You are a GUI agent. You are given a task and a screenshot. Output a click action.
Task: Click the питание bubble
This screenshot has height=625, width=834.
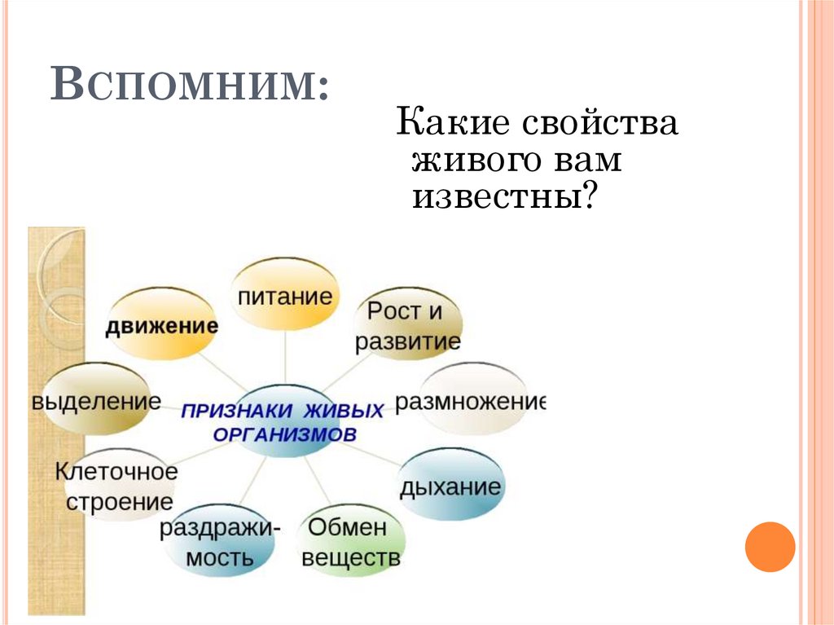(285, 294)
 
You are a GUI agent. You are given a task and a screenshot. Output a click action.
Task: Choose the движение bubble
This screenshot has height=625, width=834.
(162, 327)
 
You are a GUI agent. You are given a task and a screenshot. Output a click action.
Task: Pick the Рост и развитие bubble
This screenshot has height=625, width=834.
(407, 325)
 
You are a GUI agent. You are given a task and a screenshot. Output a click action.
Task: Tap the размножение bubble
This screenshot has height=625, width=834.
(471, 401)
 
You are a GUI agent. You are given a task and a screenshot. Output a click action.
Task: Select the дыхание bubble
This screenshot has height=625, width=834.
(450, 487)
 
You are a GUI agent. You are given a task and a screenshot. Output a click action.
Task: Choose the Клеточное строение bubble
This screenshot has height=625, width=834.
(117, 486)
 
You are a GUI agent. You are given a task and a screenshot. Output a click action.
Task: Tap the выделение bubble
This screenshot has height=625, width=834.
(96, 401)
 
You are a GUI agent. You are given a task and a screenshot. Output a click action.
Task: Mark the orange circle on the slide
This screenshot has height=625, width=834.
(769, 547)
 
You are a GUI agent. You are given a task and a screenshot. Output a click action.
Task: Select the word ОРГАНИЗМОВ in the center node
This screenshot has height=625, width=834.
(284, 434)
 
